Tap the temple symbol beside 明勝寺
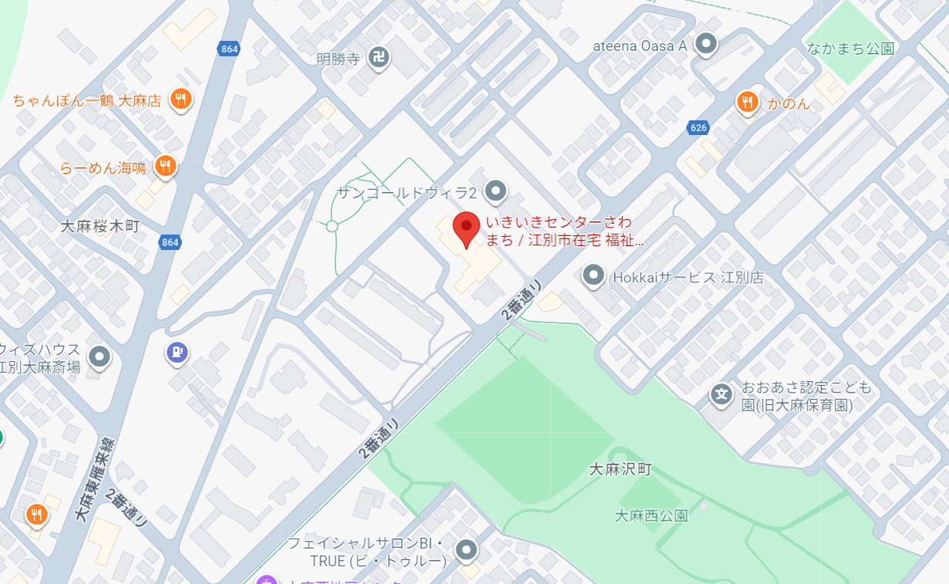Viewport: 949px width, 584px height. pos(378,56)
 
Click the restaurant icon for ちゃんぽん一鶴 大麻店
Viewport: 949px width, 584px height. pos(180,99)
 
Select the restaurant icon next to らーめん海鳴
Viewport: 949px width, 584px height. pos(164,165)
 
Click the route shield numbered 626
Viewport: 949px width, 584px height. pos(698,127)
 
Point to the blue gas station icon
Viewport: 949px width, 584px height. pos(177,353)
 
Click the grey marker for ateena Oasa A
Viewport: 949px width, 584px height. pos(705,44)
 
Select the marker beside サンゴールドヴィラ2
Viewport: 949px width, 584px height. pos(496,190)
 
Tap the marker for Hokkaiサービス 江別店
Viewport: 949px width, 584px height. pos(593,275)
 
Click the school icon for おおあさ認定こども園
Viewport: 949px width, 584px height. pos(722,395)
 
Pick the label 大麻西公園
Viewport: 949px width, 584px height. pos(651,516)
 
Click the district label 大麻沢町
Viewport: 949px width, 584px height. pos(621,469)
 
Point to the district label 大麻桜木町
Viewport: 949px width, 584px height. pos(100,226)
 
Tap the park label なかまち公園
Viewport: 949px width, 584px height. pos(850,49)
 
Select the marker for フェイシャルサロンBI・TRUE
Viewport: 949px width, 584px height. pos(466,550)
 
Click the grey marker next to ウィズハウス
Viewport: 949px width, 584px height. pos(99,356)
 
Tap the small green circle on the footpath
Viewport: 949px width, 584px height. pos(331,226)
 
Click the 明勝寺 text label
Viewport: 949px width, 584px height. pos(338,59)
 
